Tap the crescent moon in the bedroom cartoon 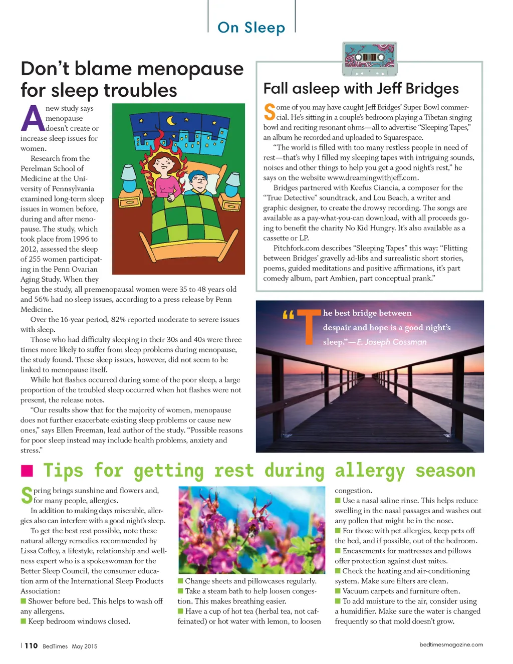click(x=171, y=120)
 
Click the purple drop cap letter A click(x=33, y=118)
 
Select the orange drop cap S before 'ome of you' click(x=270, y=112)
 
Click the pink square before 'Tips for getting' click(x=27, y=471)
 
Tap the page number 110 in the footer click(x=31, y=645)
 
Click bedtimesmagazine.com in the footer click(x=451, y=644)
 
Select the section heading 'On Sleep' click(x=251, y=28)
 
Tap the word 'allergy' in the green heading click(x=370, y=471)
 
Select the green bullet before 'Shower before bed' click(x=23, y=601)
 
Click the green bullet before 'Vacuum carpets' click(x=338, y=591)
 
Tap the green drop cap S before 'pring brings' click(x=27, y=495)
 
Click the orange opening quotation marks click(x=288, y=315)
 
